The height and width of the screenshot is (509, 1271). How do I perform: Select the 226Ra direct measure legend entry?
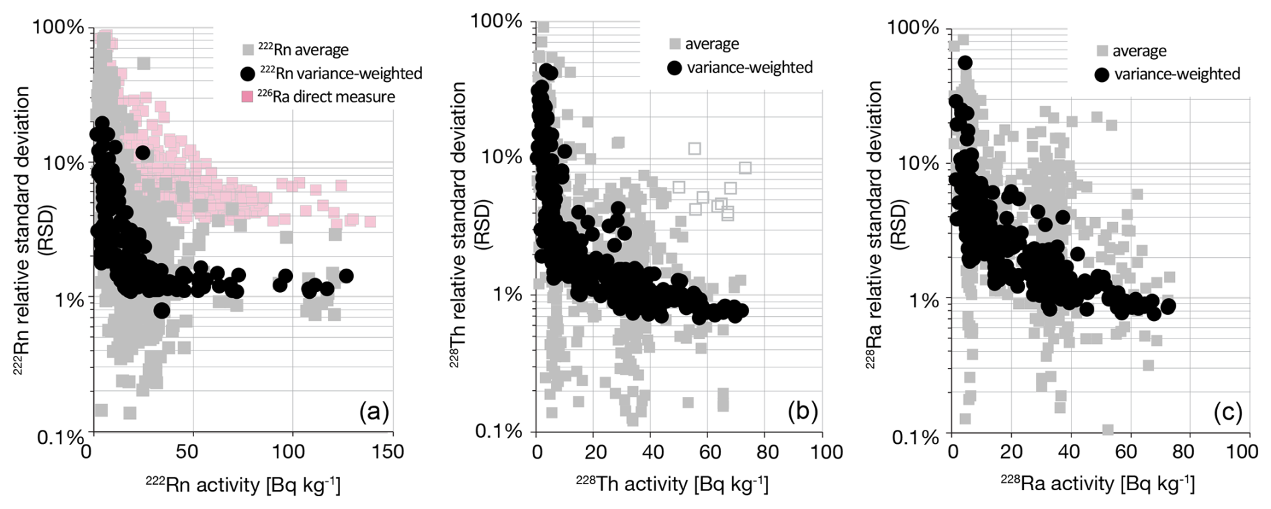click(x=318, y=97)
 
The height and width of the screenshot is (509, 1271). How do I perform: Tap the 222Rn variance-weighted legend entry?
click(x=331, y=73)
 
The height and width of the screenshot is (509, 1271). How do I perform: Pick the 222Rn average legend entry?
click(x=295, y=50)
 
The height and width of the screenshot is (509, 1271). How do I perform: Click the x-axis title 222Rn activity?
click(x=243, y=484)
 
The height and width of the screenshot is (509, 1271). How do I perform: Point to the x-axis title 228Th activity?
click(x=671, y=484)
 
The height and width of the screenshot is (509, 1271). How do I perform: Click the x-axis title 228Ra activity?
click(x=1097, y=484)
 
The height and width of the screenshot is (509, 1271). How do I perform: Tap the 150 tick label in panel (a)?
click(x=390, y=451)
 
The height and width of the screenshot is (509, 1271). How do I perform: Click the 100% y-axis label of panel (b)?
click(x=497, y=20)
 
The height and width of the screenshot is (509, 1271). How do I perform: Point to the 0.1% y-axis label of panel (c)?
click(x=914, y=437)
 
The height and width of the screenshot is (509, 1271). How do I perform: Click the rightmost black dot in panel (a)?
click(x=346, y=276)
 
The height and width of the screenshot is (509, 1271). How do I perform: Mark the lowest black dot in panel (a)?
click(x=161, y=310)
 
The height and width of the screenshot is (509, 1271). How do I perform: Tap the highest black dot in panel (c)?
click(x=965, y=62)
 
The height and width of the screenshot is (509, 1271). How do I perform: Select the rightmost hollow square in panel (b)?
click(x=745, y=168)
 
